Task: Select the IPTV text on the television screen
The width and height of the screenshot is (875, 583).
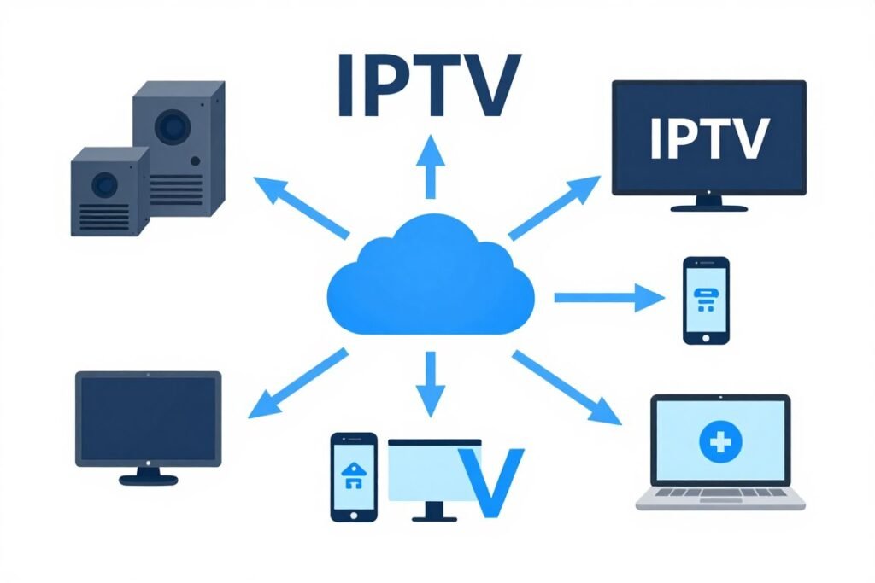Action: pyautogui.click(x=708, y=137)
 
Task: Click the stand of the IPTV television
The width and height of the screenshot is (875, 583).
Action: pyautogui.click(x=708, y=203)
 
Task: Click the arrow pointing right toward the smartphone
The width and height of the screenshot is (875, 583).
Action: pyautogui.click(x=608, y=297)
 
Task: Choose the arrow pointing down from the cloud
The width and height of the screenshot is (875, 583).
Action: pyautogui.click(x=430, y=383)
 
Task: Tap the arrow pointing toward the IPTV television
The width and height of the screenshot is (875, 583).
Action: pyautogui.click(x=555, y=207)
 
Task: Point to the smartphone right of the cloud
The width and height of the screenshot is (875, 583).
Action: pyautogui.click(x=706, y=300)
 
